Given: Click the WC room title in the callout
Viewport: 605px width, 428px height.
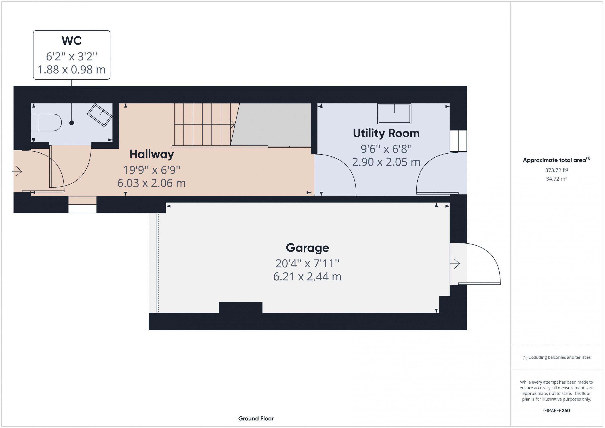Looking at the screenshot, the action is (x=72, y=41).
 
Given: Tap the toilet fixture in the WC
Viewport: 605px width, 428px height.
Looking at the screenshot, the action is (x=46, y=123).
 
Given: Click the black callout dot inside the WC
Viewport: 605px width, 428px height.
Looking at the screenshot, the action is (x=72, y=123).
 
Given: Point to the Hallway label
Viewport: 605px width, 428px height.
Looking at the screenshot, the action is (x=151, y=154).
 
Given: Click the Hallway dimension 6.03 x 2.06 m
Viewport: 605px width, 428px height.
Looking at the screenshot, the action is (x=151, y=183).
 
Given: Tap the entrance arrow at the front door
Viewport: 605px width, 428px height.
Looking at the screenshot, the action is (x=17, y=171).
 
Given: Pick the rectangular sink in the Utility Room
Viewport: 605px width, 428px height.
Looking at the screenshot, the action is (x=394, y=114).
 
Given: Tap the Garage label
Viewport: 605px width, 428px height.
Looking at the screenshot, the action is (x=307, y=248).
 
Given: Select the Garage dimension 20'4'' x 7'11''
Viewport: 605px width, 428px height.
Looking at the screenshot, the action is (x=307, y=263).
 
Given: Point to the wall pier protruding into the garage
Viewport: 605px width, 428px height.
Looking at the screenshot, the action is (x=241, y=307).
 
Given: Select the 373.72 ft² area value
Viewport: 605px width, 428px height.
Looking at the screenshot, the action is (x=556, y=170).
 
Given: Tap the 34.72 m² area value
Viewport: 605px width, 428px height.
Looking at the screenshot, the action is (x=556, y=179).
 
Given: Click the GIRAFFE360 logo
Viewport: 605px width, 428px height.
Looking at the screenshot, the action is (x=556, y=410).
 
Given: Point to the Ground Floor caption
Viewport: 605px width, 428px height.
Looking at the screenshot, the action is (x=256, y=419).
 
